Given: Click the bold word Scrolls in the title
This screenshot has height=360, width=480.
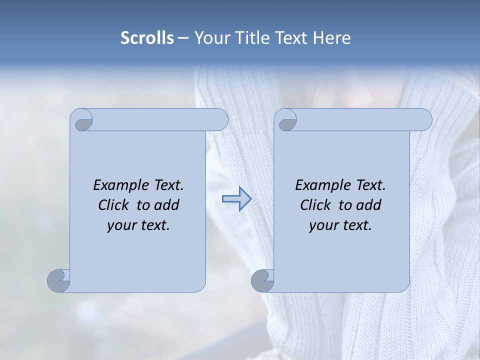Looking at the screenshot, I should pos(147,37).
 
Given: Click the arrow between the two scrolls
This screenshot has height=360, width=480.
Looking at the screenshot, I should pos(236,199).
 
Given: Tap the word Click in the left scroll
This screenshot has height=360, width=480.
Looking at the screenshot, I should pos(113,205).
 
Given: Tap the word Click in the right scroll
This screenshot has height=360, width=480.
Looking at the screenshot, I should pos(315,205).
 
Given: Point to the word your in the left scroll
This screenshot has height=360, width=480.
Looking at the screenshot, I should pos(120,225).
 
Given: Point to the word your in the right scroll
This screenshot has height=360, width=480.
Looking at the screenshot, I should pos(322,225).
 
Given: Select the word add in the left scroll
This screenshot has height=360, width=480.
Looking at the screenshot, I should pos(167,205).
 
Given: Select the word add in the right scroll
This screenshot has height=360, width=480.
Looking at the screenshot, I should pos(369,205).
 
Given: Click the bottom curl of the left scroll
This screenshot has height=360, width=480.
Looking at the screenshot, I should pos(58,280).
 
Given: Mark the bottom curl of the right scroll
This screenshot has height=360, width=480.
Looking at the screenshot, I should pos(262,280).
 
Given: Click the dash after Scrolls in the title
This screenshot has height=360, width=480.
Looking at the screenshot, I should pos(183,38).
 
